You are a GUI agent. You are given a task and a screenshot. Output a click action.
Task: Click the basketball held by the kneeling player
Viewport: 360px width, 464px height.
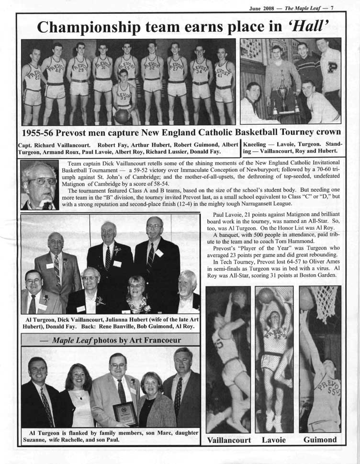[122, 116]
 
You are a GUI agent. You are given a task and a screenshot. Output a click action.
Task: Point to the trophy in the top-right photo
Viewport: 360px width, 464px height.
[283, 91]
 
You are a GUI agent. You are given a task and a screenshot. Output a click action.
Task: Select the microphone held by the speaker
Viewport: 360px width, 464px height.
[47, 204]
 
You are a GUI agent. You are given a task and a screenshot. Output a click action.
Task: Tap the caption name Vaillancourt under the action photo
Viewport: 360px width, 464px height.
[229, 440]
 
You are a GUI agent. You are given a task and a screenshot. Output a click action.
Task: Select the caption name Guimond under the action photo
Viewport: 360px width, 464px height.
[320, 440]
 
